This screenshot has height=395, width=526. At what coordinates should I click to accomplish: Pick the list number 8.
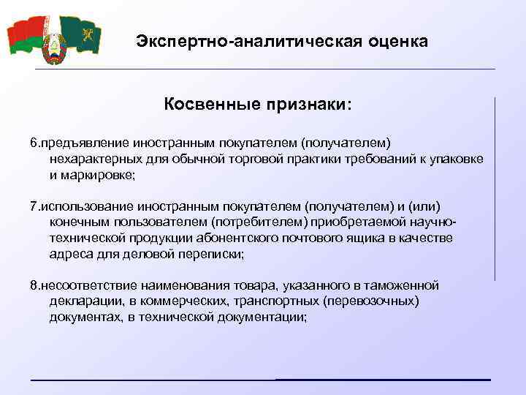point(33,285)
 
